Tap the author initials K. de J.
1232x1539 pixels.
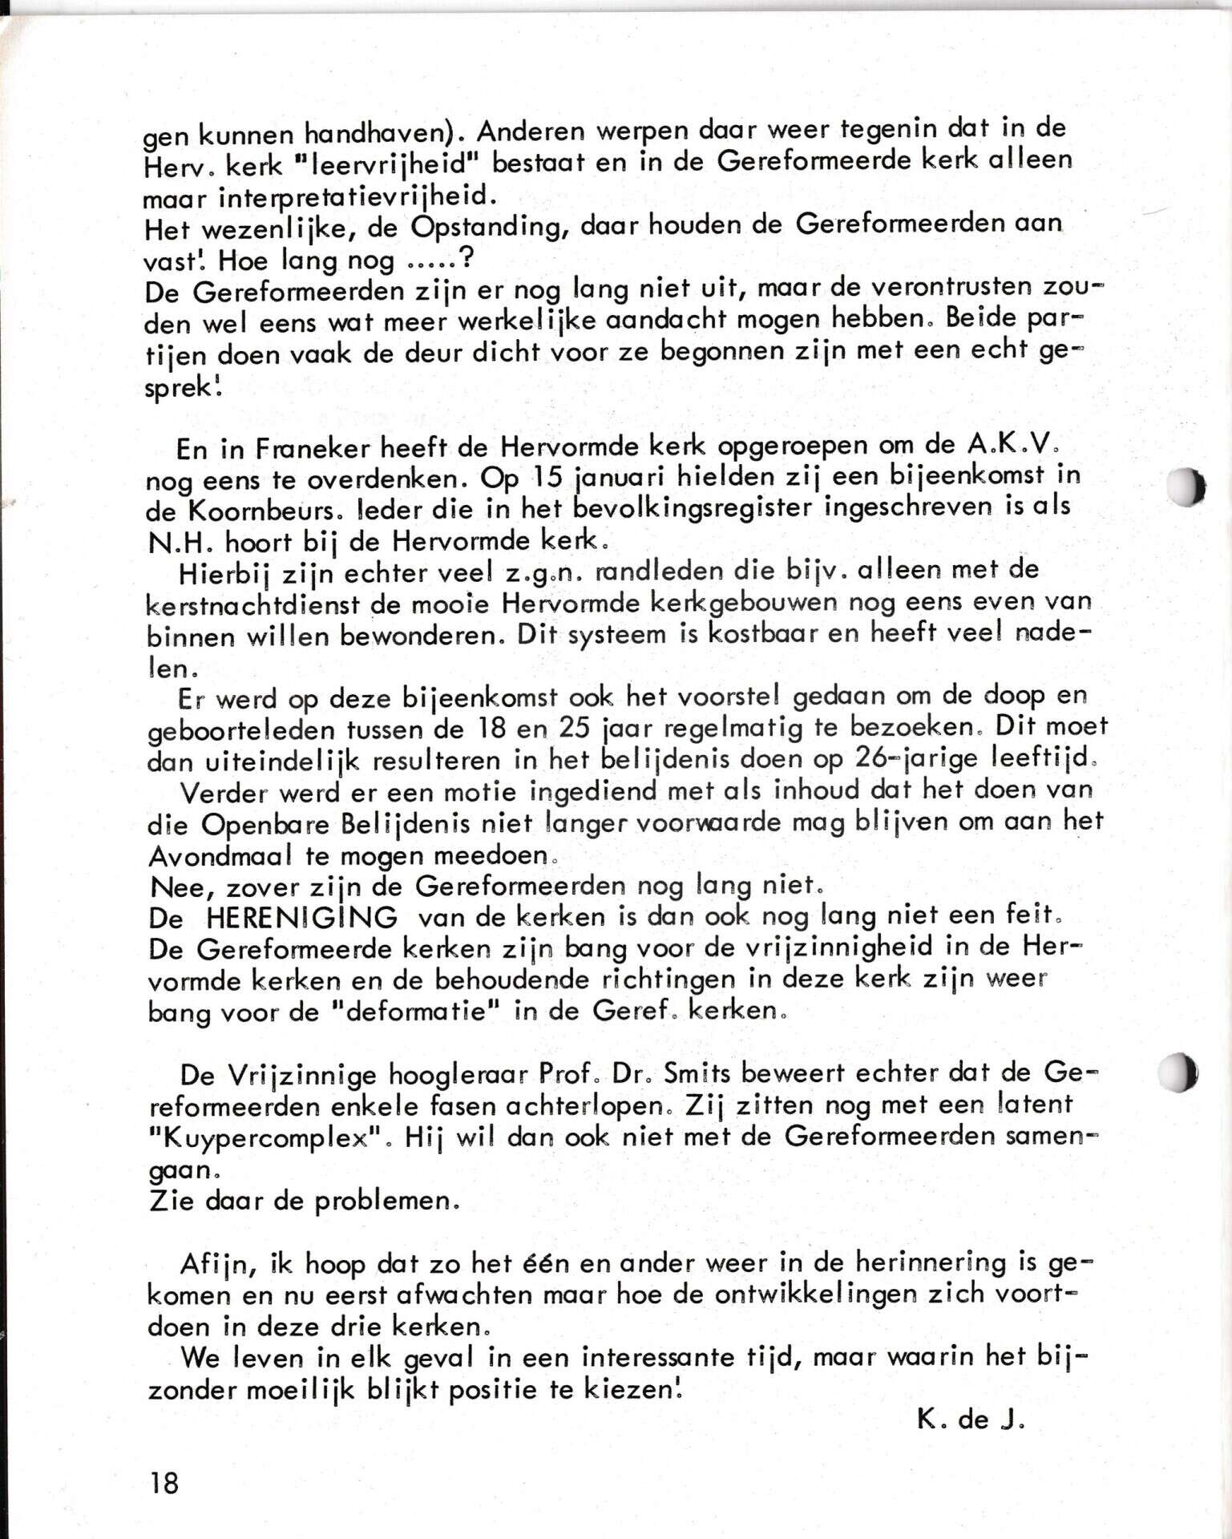tap(971, 1420)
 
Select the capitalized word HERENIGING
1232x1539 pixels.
tap(301, 917)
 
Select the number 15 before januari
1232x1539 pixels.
tap(548, 478)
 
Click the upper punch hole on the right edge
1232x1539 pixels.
tap(1186, 486)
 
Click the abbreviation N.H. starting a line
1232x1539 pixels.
tap(180, 543)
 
